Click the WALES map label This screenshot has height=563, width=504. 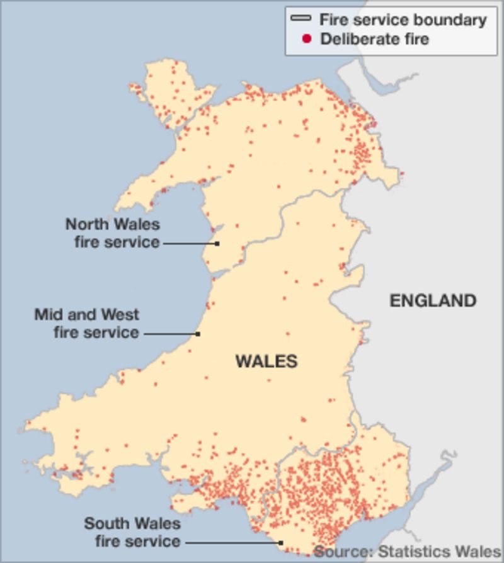pos(266,361)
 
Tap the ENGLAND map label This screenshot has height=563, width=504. pos(432,300)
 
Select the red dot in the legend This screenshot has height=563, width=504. pos(307,39)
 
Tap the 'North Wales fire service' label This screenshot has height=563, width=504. pos(113,233)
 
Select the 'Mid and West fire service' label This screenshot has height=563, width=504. pos(87,323)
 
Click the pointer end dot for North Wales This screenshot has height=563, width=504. pos(217,243)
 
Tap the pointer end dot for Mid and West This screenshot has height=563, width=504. pos(198,334)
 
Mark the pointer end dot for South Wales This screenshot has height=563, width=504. pos(282,542)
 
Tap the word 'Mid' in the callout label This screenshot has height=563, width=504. pos(48,314)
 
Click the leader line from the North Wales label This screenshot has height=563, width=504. pos(189,243)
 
